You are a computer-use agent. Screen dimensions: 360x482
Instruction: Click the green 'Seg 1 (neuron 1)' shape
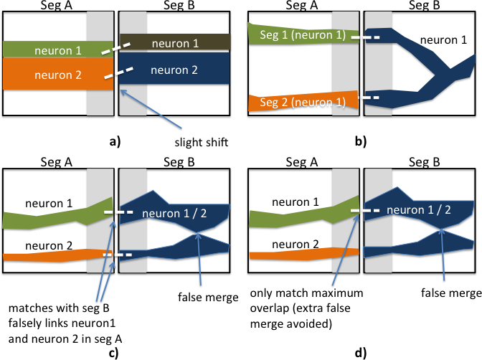coord(294,33)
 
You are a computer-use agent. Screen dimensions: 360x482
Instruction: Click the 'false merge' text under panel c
coord(198,296)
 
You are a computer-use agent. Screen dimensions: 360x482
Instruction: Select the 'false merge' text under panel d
coord(448,293)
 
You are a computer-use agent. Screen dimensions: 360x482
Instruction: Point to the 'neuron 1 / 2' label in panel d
coord(416,209)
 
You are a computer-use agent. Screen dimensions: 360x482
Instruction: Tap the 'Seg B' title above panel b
coord(420,6)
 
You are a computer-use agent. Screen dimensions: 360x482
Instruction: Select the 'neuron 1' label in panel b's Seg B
coord(439,41)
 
